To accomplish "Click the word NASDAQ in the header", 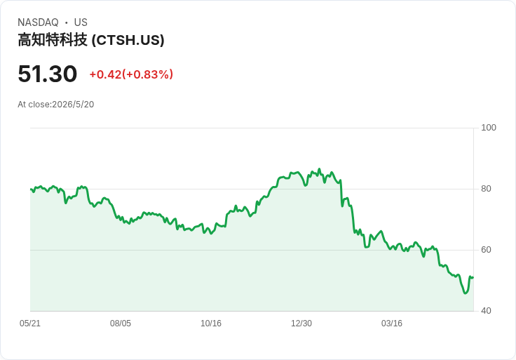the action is (x=38, y=22).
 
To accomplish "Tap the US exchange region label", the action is (x=81, y=22).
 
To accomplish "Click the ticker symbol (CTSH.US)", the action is (x=128, y=40).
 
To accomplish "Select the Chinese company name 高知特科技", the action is (x=53, y=40).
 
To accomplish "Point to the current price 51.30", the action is (x=48, y=74).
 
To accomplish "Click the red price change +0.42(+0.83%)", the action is (x=131, y=74).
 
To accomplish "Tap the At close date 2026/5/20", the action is (x=73, y=105).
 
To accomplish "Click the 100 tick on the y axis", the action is (x=489, y=128).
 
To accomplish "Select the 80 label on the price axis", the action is (x=486, y=189).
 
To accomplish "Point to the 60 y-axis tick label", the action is (x=486, y=250).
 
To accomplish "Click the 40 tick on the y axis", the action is (x=486, y=311).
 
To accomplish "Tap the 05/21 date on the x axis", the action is (x=30, y=323).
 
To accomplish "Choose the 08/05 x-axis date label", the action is (x=121, y=323).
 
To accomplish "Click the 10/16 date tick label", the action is (x=211, y=323).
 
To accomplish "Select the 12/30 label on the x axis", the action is (x=301, y=323).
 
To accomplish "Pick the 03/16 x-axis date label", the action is (x=392, y=323).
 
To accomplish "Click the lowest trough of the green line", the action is (x=465, y=293).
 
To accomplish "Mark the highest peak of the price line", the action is (x=319, y=169).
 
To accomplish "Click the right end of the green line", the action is (x=473, y=277).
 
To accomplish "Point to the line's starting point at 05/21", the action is (x=31, y=189).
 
